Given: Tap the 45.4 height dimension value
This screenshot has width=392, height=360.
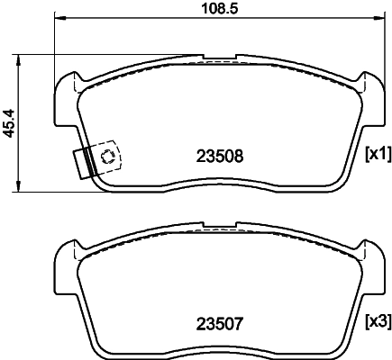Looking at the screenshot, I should pos(10,121).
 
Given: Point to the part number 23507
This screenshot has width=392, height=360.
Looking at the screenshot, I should pos(220,319).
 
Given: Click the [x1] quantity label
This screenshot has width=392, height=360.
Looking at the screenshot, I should pos(376,154).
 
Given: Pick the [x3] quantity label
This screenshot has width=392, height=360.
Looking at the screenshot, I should pos(376,319).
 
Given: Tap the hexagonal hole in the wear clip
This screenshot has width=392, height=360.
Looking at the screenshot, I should pos(108,157).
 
